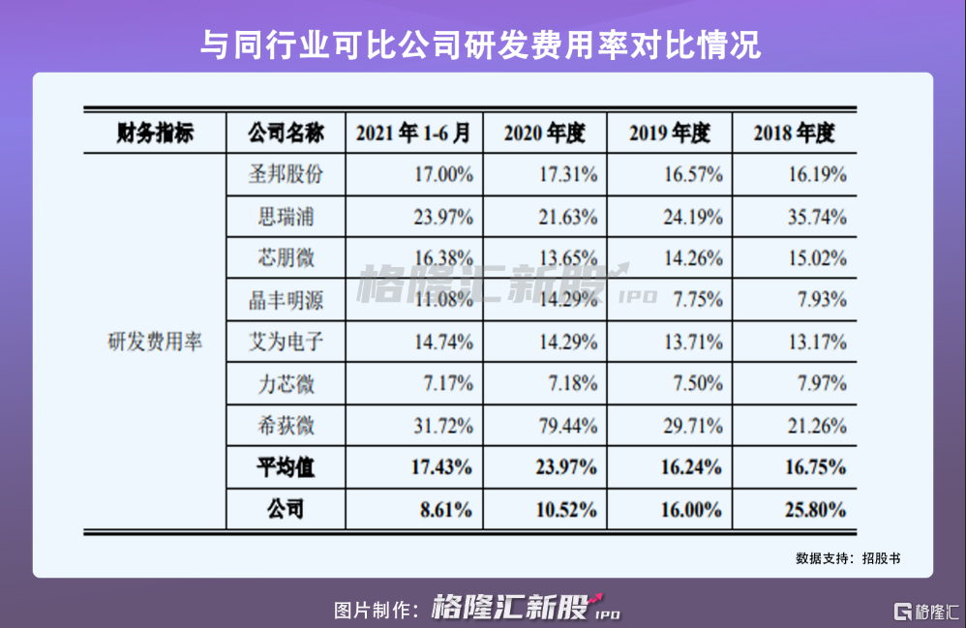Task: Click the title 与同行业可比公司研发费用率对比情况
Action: click(x=481, y=43)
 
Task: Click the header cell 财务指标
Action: click(x=155, y=134)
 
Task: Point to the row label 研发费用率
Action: click(x=155, y=342)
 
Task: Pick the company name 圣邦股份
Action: click(x=286, y=175)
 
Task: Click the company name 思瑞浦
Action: click(x=286, y=217)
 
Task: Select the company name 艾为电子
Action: click(x=286, y=342)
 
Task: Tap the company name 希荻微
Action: click(x=286, y=426)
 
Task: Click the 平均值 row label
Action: click(x=286, y=467)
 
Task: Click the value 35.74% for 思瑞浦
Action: click(x=818, y=217)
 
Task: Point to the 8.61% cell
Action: click(x=445, y=509)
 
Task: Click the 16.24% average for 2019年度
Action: click(x=692, y=467)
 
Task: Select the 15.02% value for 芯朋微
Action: click(x=818, y=259)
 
